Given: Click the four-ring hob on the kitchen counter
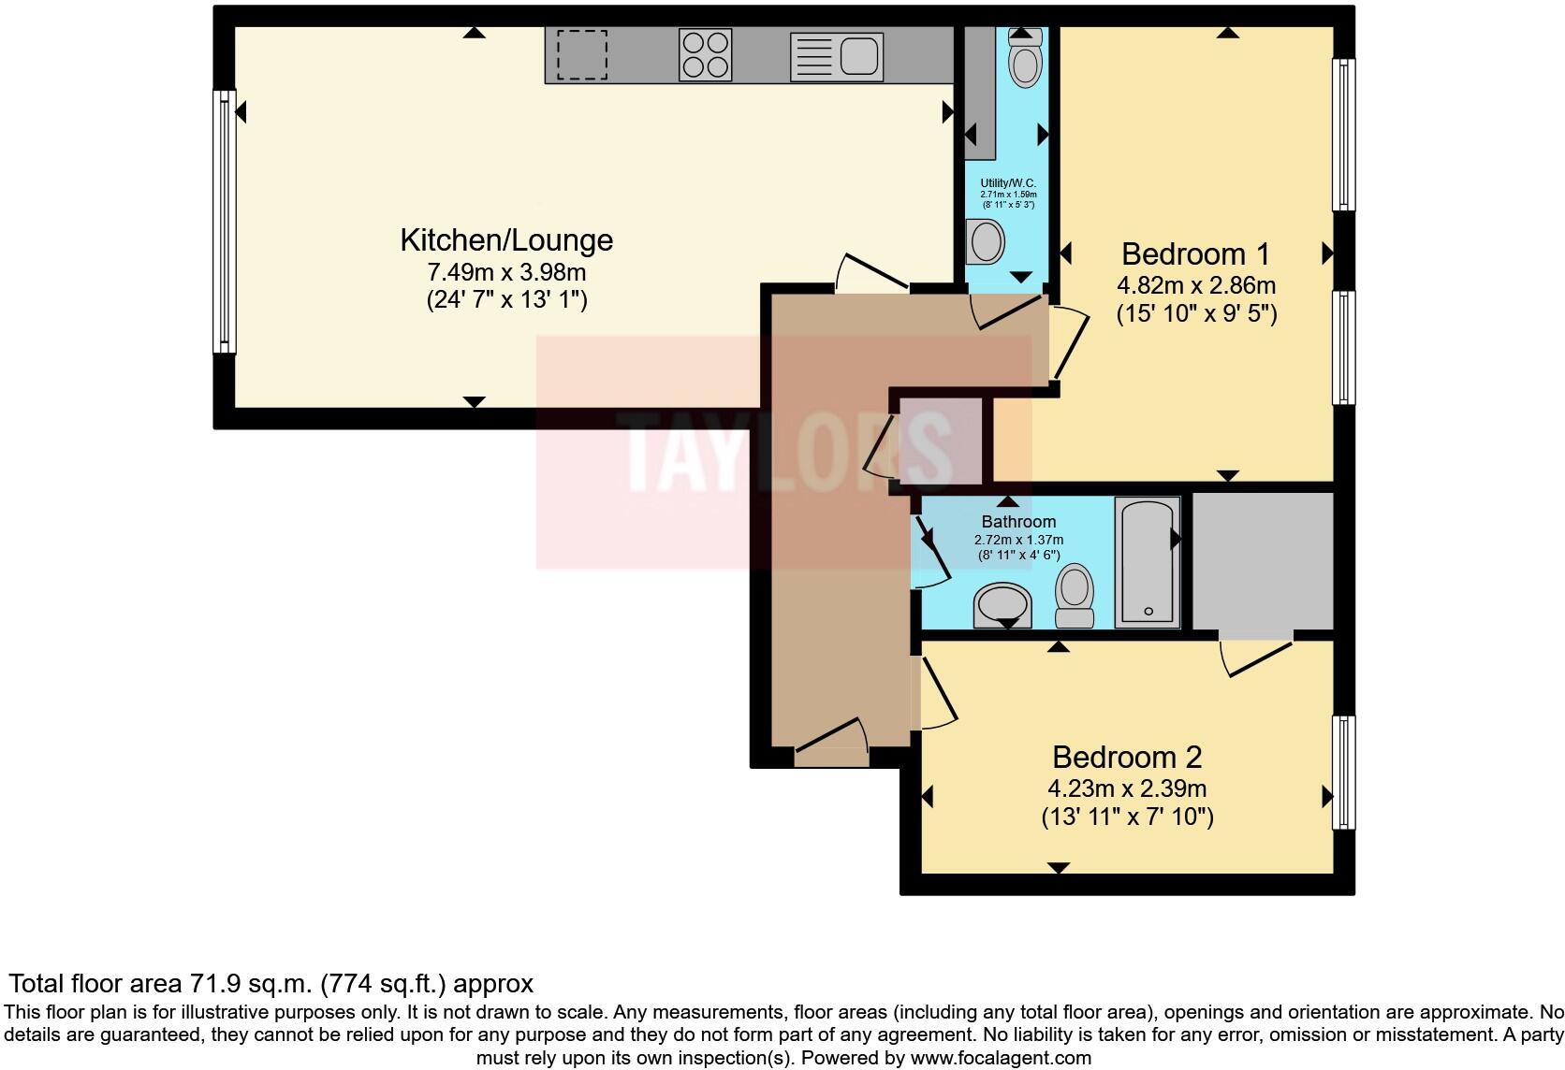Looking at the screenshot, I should click(x=705, y=55).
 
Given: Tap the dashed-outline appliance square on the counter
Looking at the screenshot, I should click(x=582, y=55).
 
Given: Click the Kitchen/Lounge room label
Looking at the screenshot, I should click(x=506, y=240).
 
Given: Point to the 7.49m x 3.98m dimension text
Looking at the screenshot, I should click(x=506, y=273).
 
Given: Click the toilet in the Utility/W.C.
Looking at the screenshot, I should click(x=1025, y=62).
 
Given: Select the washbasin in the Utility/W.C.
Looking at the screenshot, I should click(x=985, y=242).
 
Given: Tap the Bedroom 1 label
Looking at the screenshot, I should click(x=1195, y=254).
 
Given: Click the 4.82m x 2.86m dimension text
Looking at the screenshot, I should click(x=1196, y=285).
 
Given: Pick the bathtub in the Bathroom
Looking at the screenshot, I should click(x=1148, y=561).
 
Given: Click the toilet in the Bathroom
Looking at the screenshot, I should click(x=1075, y=596).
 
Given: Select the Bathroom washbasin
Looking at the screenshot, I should click(x=1002, y=605).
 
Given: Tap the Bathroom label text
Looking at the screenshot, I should click(x=1018, y=522).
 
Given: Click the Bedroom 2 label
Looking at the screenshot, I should click(x=1127, y=757).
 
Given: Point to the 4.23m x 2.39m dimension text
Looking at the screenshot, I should click(x=1127, y=788).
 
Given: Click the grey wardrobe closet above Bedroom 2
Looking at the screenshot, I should click(x=1263, y=561).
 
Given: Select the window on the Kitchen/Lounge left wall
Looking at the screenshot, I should click(x=225, y=222).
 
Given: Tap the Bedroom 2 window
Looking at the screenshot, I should click(x=1343, y=773).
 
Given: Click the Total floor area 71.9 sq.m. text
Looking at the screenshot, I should click(x=271, y=984).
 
